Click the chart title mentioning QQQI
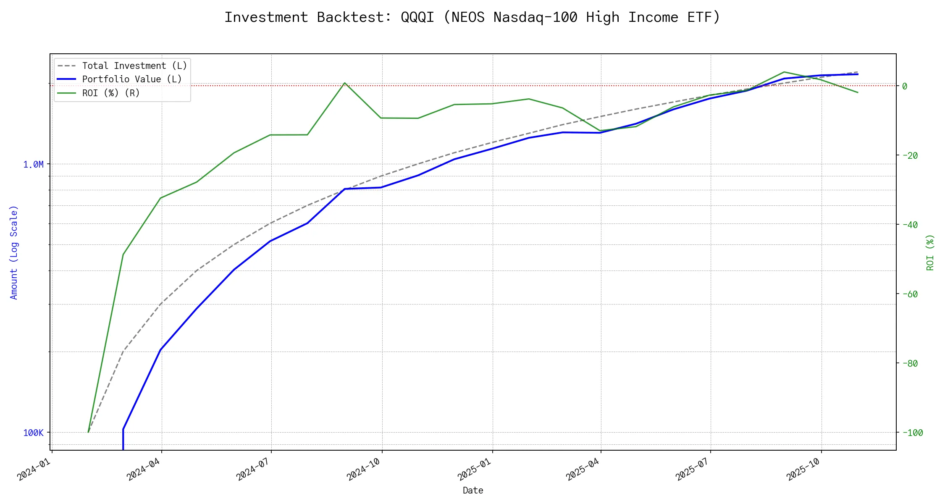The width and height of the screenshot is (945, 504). (472, 17)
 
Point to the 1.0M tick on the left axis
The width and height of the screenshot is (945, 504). (33, 164)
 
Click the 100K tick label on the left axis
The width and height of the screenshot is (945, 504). (33, 433)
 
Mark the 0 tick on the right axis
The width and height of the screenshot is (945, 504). (905, 86)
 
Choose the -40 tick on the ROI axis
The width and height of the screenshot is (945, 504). (910, 225)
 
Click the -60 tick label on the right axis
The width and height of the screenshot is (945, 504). (910, 294)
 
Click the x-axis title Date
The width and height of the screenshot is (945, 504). (473, 490)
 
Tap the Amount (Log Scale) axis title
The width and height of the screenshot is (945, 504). (14, 252)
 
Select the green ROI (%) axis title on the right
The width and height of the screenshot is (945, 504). (930, 252)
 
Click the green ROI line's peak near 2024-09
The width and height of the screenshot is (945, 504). (345, 83)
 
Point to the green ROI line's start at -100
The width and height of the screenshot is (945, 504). (88, 432)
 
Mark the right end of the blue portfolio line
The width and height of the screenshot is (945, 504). (858, 74)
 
